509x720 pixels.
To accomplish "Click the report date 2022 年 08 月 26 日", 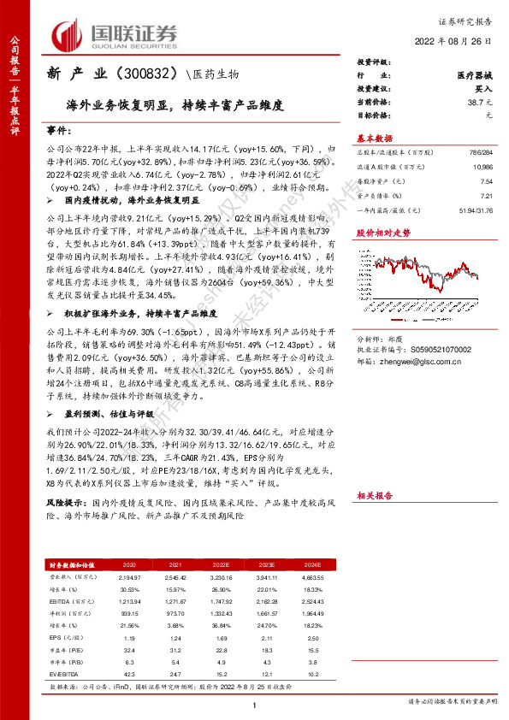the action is [458, 42].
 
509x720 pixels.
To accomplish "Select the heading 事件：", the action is [58, 130].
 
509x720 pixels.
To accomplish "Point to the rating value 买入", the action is [483, 89].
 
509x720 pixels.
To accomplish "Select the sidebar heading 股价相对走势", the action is [382, 232].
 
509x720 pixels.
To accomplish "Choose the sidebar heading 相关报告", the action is [375, 495].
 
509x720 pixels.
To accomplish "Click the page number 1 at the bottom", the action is [255, 704].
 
